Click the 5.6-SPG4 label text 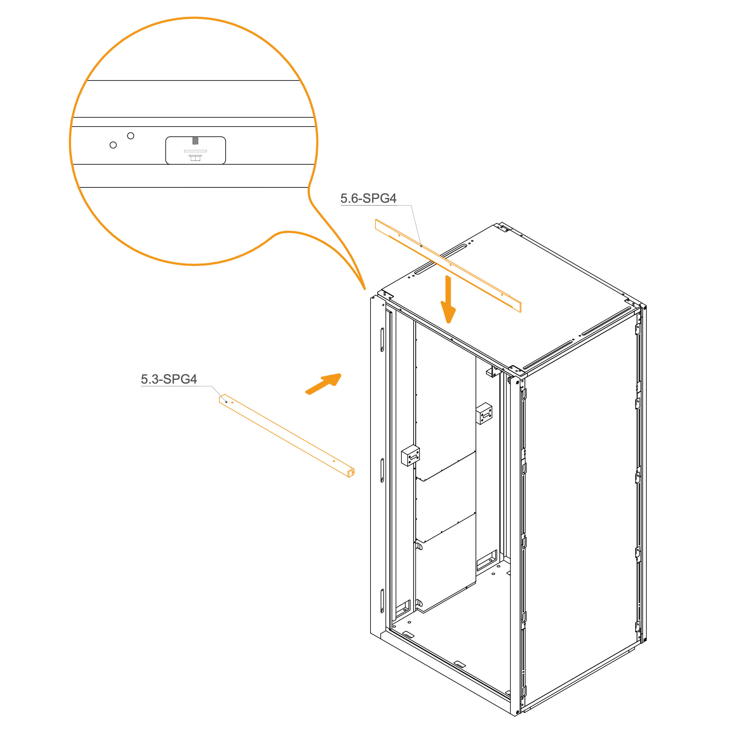click(368, 198)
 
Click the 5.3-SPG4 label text click(169, 379)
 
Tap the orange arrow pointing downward click(448, 299)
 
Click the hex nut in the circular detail click(195, 157)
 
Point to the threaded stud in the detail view click(195, 141)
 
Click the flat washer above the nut click(195, 151)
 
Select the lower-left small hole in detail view click(113, 145)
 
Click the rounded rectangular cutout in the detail click(195, 150)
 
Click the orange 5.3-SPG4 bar click(287, 435)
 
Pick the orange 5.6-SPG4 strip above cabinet click(448, 265)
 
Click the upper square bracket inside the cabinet click(484, 414)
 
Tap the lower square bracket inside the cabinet click(410, 456)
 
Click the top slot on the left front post click(382, 340)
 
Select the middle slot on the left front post click(382, 470)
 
